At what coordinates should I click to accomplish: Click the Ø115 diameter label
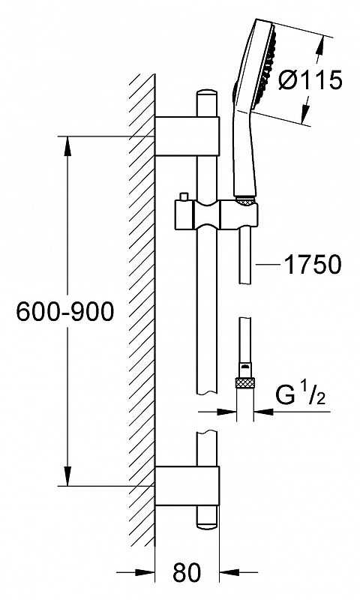pyautogui.click(x=310, y=81)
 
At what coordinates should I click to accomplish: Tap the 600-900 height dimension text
pyautogui.click(x=65, y=311)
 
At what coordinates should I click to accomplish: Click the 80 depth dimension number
pyautogui.click(x=187, y=572)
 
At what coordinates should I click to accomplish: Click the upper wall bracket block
pyautogui.click(x=187, y=136)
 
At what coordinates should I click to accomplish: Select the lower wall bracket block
pyautogui.click(x=187, y=485)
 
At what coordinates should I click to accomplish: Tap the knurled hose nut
pyautogui.click(x=244, y=382)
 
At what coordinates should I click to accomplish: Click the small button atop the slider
pyautogui.click(x=184, y=196)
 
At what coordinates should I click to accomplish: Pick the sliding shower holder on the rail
pyautogui.click(x=217, y=214)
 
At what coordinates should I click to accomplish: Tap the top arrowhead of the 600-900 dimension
pyautogui.click(x=67, y=145)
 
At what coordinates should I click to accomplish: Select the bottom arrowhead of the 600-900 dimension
pyautogui.click(x=67, y=475)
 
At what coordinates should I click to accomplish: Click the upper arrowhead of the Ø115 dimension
pyautogui.click(x=320, y=46)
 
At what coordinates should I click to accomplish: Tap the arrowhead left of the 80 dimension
pyautogui.click(x=145, y=573)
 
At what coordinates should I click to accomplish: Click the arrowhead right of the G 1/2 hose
pyautogui.click(x=264, y=412)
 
